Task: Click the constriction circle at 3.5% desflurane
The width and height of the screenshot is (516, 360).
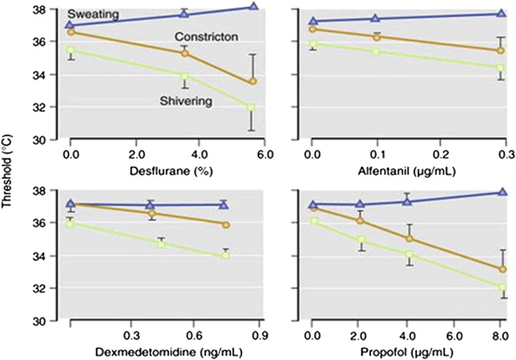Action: point(184,52)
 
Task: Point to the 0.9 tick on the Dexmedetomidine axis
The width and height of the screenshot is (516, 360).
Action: point(258,333)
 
